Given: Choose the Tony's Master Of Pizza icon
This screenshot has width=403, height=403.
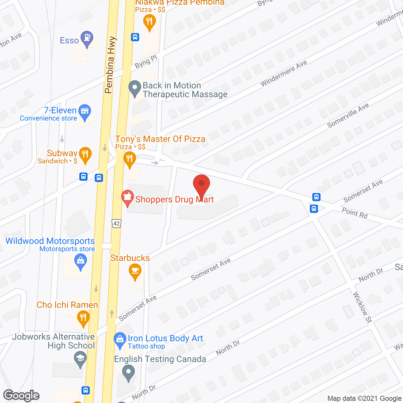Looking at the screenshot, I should [x=129, y=159].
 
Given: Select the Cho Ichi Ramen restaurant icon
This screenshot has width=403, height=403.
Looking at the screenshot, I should [x=83, y=318].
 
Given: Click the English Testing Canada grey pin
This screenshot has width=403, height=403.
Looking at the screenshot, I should [x=128, y=373].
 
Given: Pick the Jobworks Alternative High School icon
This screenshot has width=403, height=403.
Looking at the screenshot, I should [x=80, y=359].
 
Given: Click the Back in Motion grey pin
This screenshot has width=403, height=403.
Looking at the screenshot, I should [x=135, y=89].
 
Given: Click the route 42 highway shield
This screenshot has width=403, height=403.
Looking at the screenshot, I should [x=116, y=224].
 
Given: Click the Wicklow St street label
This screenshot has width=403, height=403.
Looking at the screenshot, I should [x=362, y=307].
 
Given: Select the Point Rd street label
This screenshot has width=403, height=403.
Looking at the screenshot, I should [x=355, y=213].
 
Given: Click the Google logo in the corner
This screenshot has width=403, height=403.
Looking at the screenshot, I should [x=21, y=395].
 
